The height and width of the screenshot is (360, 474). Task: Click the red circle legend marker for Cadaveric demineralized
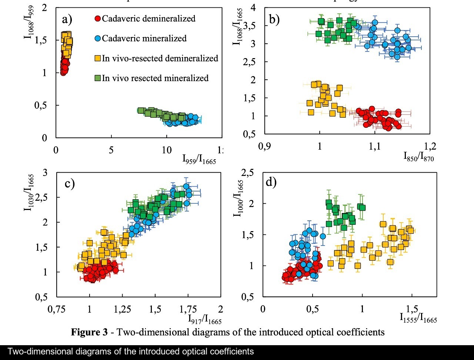click(x=98, y=19)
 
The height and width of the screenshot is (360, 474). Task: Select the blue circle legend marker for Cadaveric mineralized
click(x=98, y=39)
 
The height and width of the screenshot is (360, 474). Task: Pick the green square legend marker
click(x=98, y=78)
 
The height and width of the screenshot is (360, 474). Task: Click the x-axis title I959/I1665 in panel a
click(x=198, y=159)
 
